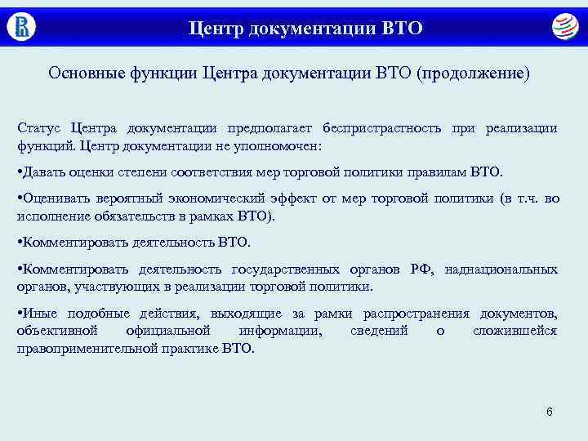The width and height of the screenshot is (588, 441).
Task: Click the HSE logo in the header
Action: tap(21, 27)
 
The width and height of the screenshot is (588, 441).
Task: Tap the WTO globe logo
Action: tap(563, 27)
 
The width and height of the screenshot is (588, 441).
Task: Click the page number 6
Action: tap(550, 411)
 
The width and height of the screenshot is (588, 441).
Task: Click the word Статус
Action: tap(39, 128)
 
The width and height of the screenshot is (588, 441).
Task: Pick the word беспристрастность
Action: tap(382, 128)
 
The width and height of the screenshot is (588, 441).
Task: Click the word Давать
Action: tap(47, 172)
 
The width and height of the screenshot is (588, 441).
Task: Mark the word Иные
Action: tap(39, 314)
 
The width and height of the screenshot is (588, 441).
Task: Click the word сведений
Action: tap(380, 331)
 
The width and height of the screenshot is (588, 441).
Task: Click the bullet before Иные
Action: tap(20, 314)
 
